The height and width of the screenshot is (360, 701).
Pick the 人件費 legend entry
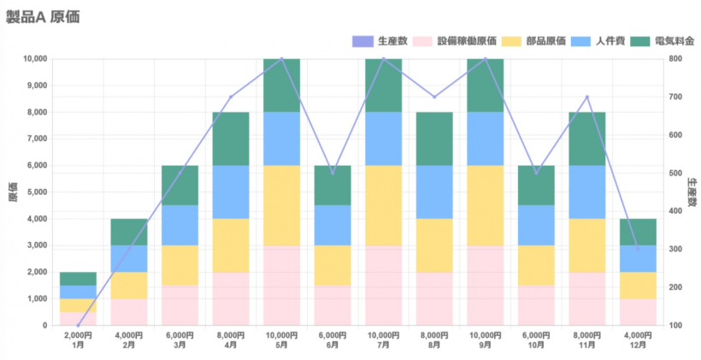click(x=597, y=40)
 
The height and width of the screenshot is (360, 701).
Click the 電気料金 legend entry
click(x=663, y=40)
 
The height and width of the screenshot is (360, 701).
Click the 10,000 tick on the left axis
click(x=34, y=59)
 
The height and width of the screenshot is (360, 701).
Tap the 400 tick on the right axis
click(x=675, y=211)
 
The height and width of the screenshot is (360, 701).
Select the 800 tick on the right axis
click(x=675, y=59)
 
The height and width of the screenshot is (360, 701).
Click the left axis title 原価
click(x=12, y=192)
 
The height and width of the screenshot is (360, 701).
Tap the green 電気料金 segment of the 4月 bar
click(x=231, y=139)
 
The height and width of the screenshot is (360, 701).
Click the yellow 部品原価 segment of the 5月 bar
click(x=281, y=205)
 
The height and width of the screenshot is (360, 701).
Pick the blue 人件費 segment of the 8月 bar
click(x=434, y=192)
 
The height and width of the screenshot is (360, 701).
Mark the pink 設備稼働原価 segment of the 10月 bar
click(x=536, y=305)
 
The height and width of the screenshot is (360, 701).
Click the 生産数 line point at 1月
click(x=78, y=325)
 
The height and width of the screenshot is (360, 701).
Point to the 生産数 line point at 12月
click(x=638, y=249)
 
